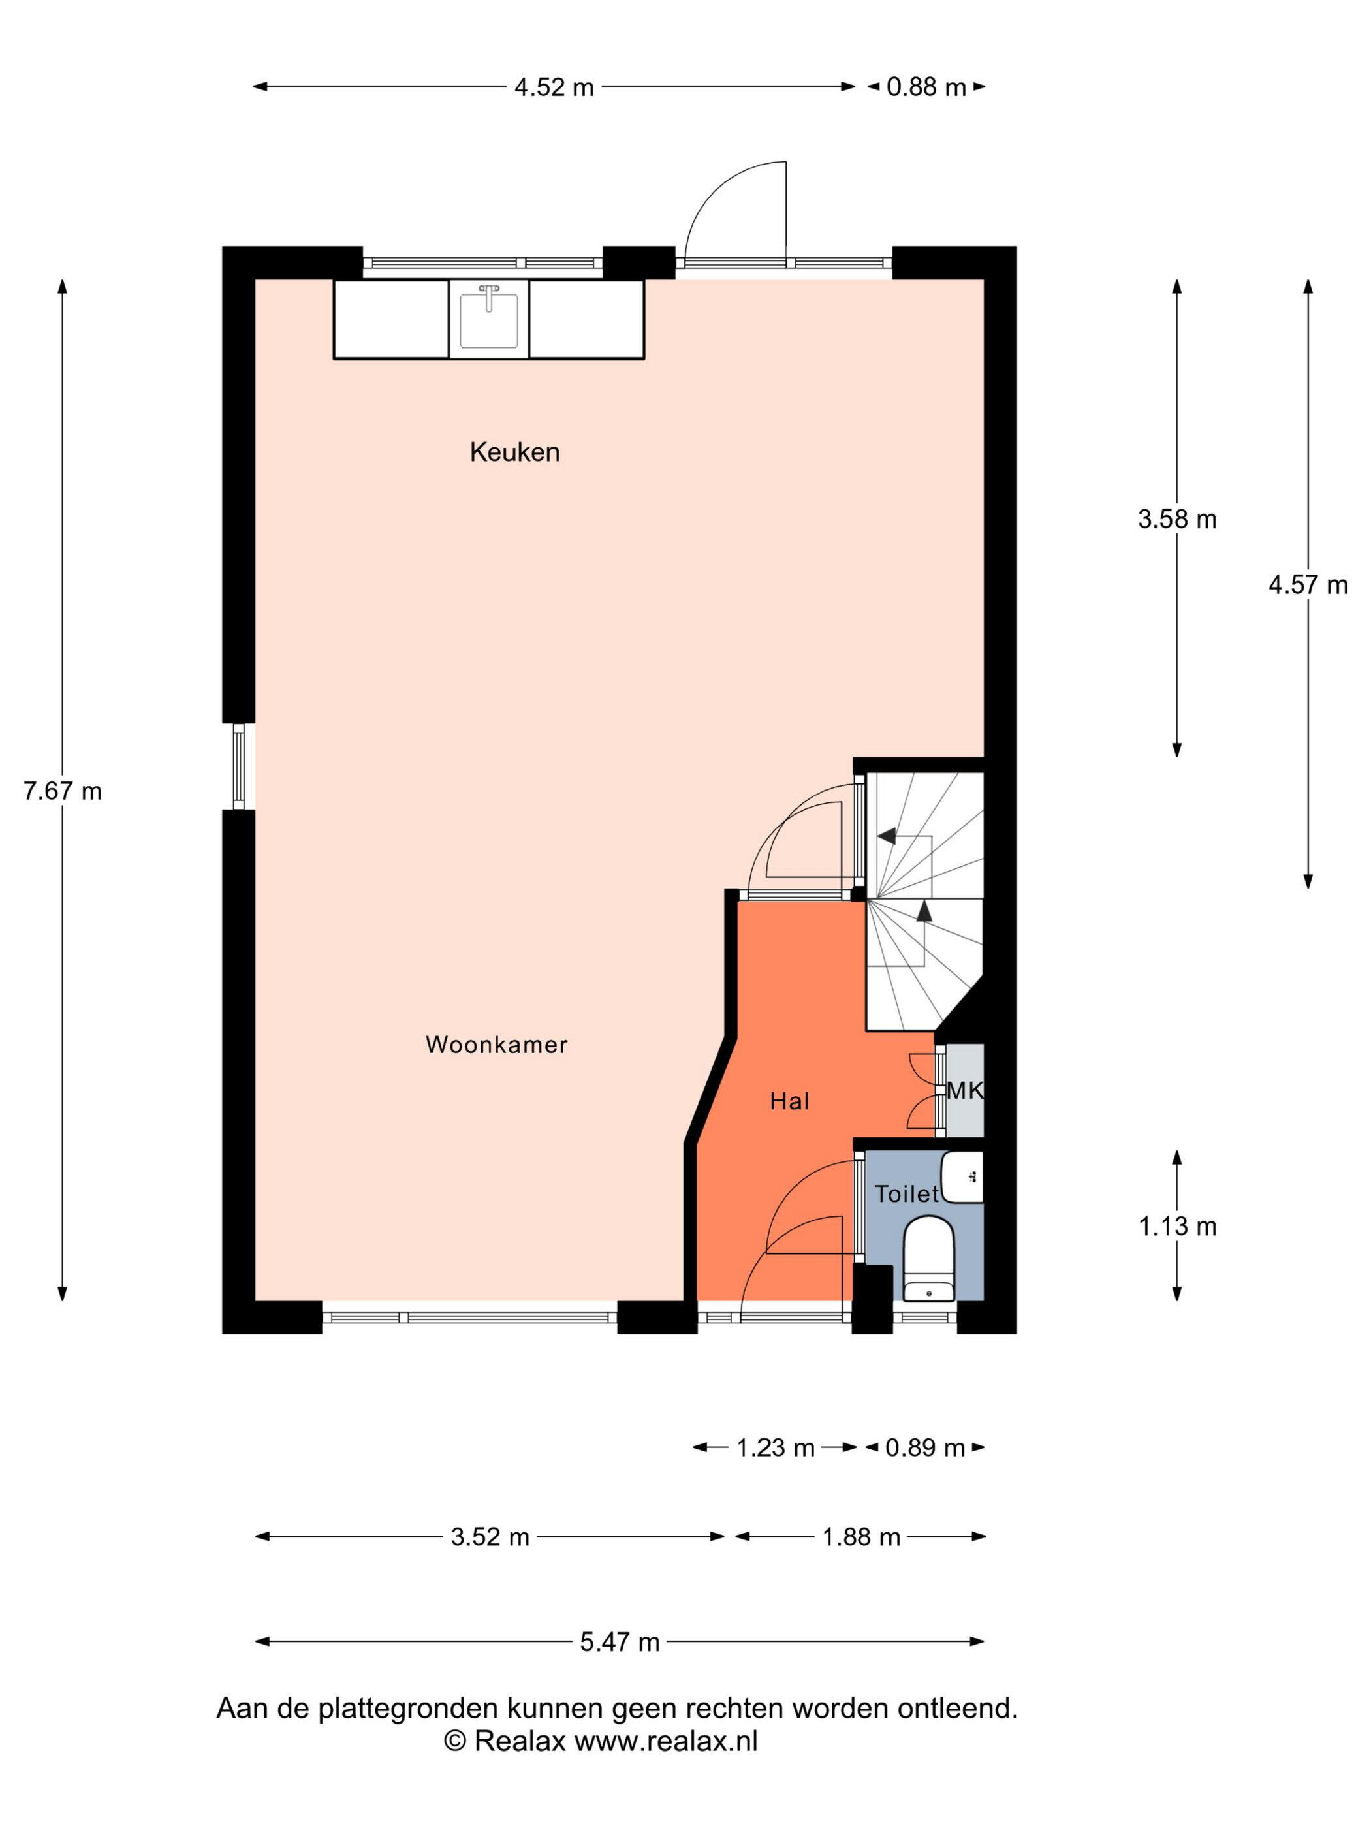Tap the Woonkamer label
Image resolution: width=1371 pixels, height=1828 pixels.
pyautogui.click(x=497, y=1045)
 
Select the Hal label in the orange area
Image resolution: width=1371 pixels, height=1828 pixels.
pyautogui.click(x=789, y=1101)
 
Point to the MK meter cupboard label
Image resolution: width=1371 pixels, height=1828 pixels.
pyautogui.click(x=964, y=1090)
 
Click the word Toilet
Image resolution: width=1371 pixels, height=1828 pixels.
pyautogui.click(x=907, y=1193)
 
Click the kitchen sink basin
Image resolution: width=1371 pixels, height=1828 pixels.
pyautogui.click(x=488, y=320)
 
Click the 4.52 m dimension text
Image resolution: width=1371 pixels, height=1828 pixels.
pyautogui.click(x=554, y=87)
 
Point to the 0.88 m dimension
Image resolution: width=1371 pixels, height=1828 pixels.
pyautogui.click(x=926, y=87)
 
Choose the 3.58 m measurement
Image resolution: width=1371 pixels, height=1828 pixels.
pyautogui.click(x=1177, y=519)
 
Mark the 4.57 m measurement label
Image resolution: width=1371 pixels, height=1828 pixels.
pyautogui.click(x=1308, y=585)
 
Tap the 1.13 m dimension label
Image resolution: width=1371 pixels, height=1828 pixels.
pyautogui.click(x=1178, y=1226)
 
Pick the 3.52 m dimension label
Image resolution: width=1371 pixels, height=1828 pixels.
pyautogui.click(x=490, y=1536)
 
